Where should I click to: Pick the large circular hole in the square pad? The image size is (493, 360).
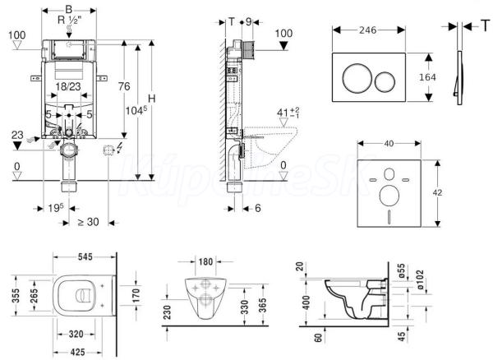[x=389, y=196]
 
